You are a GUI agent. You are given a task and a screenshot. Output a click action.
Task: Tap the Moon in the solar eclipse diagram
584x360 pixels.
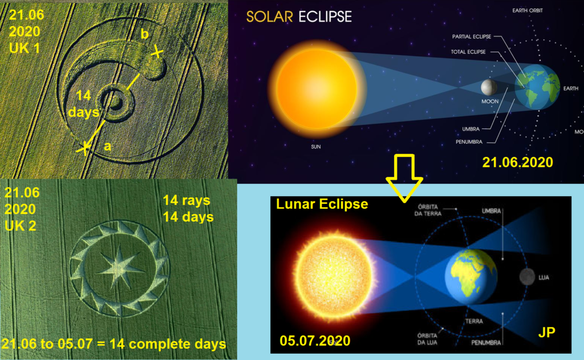click(x=489, y=87)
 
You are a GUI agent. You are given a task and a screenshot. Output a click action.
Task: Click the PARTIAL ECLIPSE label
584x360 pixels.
click(x=472, y=37)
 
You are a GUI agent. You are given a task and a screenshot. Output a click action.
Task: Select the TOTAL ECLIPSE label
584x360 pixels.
click(x=468, y=52)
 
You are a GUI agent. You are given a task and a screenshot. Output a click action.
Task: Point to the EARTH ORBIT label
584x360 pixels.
click(x=528, y=10)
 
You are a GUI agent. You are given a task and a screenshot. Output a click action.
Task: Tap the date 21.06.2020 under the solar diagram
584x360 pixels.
click(x=517, y=162)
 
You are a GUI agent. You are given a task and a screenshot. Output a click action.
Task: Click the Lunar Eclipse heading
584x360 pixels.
click(x=322, y=204)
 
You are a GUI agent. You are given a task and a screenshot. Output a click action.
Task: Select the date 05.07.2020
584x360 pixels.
click(x=315, y=341)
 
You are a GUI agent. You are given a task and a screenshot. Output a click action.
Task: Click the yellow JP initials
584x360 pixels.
click(x=546, y=331)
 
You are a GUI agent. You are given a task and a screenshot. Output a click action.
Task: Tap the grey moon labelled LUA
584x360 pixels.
click(x=527, y=277)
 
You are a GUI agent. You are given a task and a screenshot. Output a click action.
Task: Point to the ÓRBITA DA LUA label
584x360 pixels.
click(x=427, y=339)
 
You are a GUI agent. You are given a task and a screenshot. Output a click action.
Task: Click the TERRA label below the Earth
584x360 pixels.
click(x=474, y=321)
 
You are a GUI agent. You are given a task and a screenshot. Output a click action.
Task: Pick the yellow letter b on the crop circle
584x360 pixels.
click(x=144, y=34)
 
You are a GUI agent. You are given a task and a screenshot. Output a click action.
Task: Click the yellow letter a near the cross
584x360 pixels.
click(x=107, y=147)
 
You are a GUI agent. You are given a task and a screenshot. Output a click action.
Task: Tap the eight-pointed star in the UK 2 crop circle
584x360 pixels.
click(x=120, y=267)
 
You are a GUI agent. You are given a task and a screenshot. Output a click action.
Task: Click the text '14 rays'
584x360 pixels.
click(x=186, y=200)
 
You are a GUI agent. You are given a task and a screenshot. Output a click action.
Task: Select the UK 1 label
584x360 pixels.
click(x=24, y=48)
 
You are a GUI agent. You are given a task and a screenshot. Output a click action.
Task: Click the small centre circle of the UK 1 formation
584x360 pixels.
click(x=116, y=100)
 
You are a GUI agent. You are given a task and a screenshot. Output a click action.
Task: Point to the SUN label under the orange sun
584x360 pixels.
click(x=316, y=147)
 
